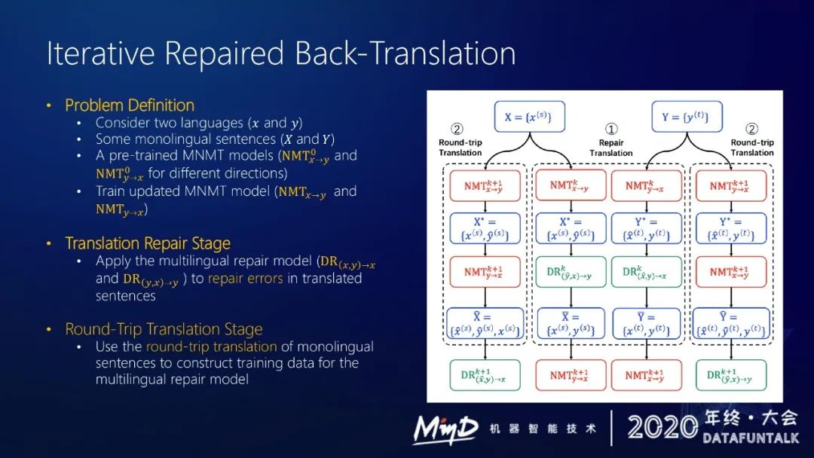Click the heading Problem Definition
(130, 105)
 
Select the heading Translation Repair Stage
(148, 243)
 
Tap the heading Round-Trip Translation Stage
(164, 329)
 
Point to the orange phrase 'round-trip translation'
(212, 347)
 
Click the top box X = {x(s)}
(528, 117)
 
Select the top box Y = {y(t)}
(687, 117)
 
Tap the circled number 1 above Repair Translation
(611, 128)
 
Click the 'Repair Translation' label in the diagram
(611, 148)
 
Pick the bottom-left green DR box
(483, 375)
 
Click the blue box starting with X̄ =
(571, 324)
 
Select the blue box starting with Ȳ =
(646, 324)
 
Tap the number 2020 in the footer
(662, 428)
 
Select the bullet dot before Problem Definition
(50, 105)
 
